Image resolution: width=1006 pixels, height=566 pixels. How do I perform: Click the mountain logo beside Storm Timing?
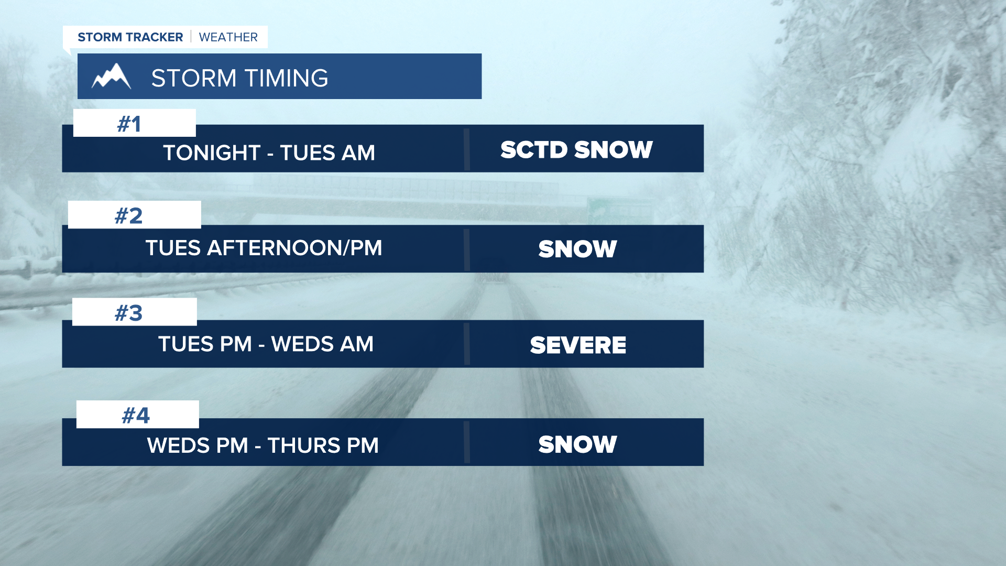111,77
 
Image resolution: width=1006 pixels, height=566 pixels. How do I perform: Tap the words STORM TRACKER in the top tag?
130,37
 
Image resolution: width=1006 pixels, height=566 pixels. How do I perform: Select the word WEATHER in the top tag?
228,37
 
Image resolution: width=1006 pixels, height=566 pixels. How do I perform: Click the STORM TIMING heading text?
239,78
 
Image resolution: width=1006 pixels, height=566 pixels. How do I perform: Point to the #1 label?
129,124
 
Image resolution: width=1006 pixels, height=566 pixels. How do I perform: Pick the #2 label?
129,216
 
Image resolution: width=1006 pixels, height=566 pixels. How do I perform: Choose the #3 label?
129,313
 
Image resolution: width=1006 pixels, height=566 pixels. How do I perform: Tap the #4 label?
136,416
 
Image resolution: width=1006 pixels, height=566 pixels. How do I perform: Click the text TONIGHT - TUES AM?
269,153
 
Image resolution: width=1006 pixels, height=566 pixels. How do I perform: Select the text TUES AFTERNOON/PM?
264,248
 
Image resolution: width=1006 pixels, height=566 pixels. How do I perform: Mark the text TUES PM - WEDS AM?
266,344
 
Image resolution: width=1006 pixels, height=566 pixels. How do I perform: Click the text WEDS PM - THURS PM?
263,445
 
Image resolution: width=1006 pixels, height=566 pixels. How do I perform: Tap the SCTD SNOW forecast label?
577,149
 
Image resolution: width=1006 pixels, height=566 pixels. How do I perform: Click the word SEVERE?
578,345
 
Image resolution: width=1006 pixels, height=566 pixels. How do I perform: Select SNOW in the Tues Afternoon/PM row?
578,249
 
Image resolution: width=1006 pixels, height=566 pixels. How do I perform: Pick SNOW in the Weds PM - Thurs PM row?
578,444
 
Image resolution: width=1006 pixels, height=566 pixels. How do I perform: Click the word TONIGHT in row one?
212,153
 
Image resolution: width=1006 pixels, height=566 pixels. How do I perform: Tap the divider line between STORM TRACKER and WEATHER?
191,37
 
